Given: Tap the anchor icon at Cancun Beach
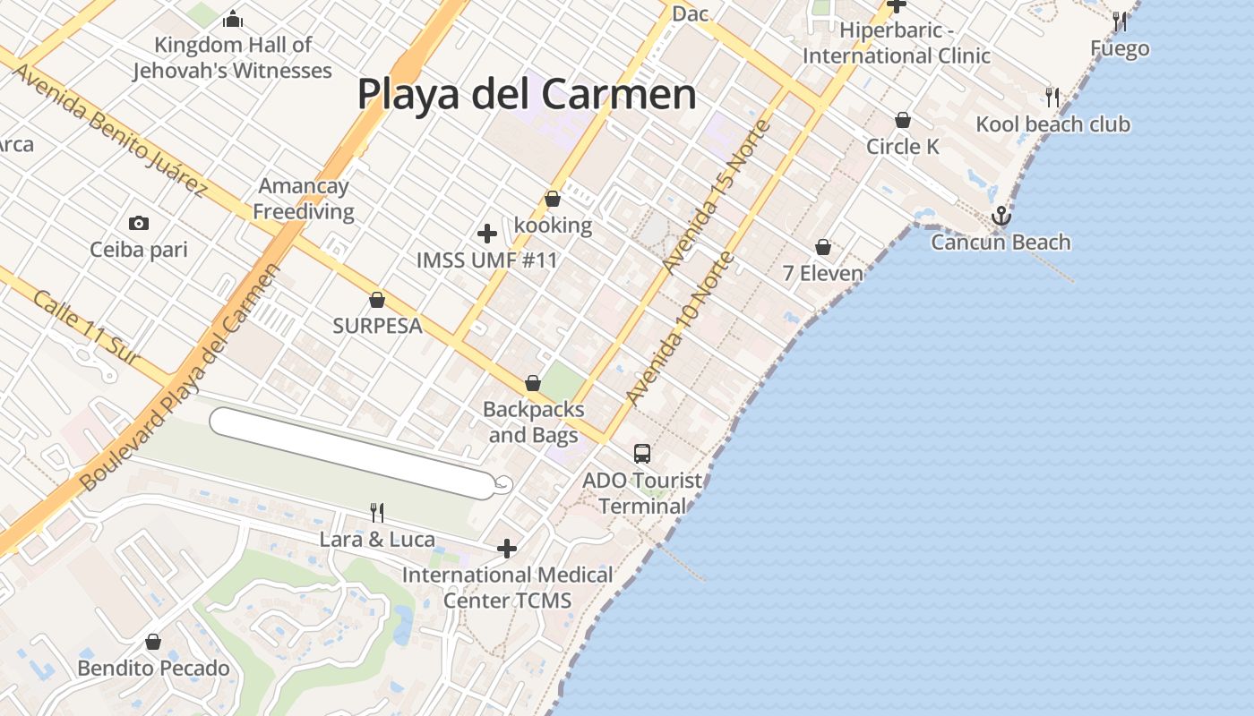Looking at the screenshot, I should point(1001,216).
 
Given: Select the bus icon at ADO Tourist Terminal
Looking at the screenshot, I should point(642,454).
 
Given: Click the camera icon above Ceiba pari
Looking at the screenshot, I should point(139,223).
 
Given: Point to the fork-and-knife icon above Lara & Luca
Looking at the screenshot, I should point(377,513).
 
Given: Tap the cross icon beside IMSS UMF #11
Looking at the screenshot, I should point(487,234).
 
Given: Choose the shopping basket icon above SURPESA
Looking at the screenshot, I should point(377,300).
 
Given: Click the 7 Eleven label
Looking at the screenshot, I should point(823,273).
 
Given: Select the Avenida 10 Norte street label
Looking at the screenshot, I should point(680,328).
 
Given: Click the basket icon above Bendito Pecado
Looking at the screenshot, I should point(153,642).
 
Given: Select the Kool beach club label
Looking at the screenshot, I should point(1052,124).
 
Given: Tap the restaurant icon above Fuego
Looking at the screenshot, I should point(1120,21).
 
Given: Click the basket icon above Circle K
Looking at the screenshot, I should point(903,120).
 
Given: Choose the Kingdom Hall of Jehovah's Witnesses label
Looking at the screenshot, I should point(233,57).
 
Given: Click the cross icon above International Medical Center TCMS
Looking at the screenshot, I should point(507,549).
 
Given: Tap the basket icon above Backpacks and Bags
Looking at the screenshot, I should point(533,384).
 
